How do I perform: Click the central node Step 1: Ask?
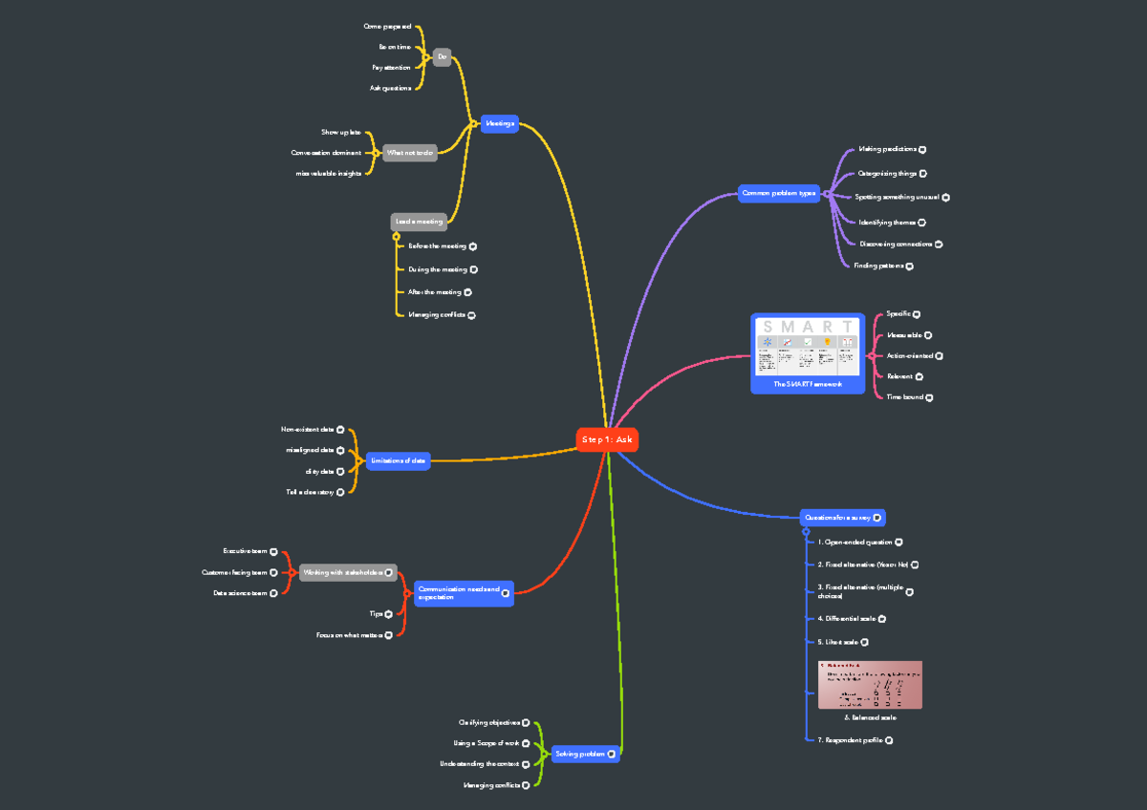pos(607,439)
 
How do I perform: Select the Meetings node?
pos(499,123)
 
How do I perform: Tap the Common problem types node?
pos(779,193)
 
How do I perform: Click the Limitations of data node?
pos(398,460)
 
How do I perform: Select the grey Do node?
pos(442,57)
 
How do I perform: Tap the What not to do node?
pos(409,153)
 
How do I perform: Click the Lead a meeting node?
pos(419,222)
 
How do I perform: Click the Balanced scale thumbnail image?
pos(870,684)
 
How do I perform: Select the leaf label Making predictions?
pos(887,149)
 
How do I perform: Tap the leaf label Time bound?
pos(904,396)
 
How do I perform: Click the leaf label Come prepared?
pos(387,27)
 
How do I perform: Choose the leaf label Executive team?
pos(245,551)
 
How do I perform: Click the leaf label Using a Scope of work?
pos(487,742)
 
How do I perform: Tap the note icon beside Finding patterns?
pos(909,266)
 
